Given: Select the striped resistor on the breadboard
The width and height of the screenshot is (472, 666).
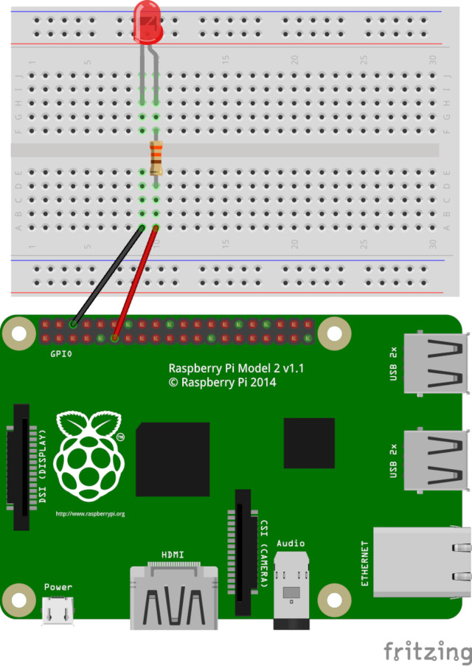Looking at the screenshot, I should click(156, 157).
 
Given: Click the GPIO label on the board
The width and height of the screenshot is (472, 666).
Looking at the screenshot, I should click(61, 354).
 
